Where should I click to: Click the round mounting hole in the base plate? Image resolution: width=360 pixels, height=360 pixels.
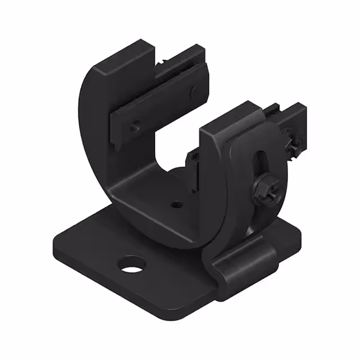132,264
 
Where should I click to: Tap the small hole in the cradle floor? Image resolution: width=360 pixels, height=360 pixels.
176,205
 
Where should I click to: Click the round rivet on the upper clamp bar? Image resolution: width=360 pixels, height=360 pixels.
193,90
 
